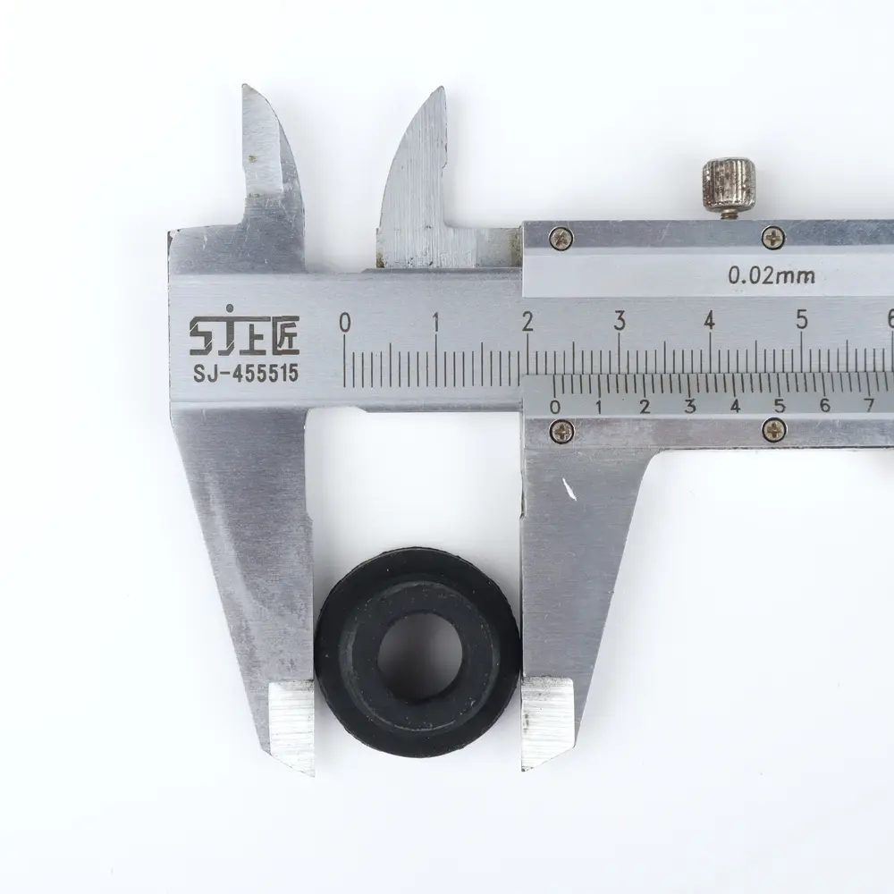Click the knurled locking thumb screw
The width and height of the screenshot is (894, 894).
pyautogui.click(x=728, y=186)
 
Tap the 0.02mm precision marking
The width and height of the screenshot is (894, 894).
pyautogui.click(x=772, y=276)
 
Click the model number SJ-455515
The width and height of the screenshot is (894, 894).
pyautogui.click(x=246, y=374)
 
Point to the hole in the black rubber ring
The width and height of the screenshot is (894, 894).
pyautogui.click(x=419, y=657)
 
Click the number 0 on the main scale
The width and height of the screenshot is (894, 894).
pyautogui.click(x=344, y=323)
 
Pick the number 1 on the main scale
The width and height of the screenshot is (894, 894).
pyautogui.click(x=436, y=323)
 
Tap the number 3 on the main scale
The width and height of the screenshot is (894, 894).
pyautogui.click(x=620, y=321)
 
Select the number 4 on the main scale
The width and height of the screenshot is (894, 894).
pyautogui.click(x=709, y=320)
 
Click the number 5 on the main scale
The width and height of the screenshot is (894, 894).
pyautogui.click(x=802, y=319)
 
